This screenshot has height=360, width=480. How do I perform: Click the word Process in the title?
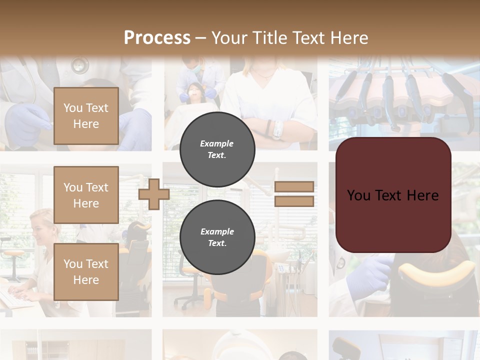tap(157, 38)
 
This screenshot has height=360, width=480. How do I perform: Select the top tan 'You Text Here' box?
tap(86, 116)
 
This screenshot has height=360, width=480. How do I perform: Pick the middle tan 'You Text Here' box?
tap(86, 195)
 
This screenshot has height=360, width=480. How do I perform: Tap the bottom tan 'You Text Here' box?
tap(86, 271)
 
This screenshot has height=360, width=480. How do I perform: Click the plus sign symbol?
tap(154, 194)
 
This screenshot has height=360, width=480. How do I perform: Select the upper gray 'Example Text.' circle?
tap(217, 149)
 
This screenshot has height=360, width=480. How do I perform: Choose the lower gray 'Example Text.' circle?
tap(217, 237)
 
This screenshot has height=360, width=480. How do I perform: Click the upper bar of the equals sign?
tap(294, 187)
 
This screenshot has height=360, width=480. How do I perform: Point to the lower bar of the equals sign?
tap(294, 201)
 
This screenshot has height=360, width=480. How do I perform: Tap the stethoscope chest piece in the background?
tap(79, 64)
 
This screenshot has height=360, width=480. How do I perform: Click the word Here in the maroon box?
tap(423, 195)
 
